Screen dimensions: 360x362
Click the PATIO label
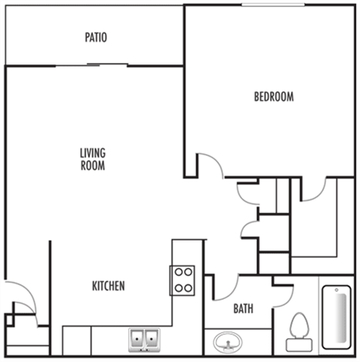(x=96, y=37)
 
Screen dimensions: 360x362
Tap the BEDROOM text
(x=274, y=97)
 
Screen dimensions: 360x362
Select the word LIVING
(x=93, y=153)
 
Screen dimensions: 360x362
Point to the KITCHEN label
(x=108, y=286)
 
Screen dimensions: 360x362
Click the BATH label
(x=243, y=309)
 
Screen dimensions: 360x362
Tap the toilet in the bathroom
(x=299, y=332)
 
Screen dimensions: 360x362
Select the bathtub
(x=337, y=317)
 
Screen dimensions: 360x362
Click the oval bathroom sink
(x=228, y=342)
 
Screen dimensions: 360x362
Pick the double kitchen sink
(x=144, y=340)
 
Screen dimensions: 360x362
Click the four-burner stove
(x=182, y=280)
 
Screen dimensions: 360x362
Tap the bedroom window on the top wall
(x=273, y=4)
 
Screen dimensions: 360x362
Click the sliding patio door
(x=91, y=65)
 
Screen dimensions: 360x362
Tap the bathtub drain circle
(x=337, y=290)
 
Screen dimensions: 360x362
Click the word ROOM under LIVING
(x=93, y=166)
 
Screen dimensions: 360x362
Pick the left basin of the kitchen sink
(x=137, y=339)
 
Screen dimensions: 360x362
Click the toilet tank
(x=299, y=345)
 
